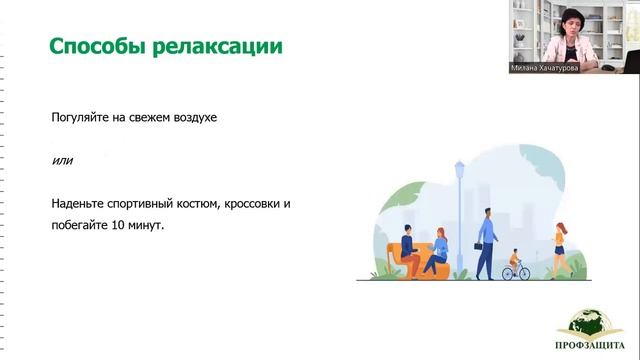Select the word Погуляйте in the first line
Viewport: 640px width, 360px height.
tap(83, 117)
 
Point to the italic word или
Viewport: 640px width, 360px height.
tap(61, 160)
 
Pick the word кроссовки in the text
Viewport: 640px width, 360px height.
tap(251, 203)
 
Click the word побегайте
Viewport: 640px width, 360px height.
tap(81, 225)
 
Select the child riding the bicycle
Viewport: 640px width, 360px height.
tap(515, 264)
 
